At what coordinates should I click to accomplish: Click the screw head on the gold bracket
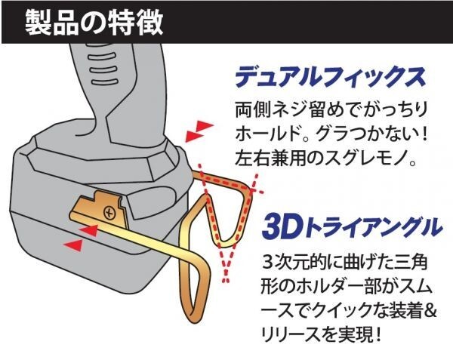109,211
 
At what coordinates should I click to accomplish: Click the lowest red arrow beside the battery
73,245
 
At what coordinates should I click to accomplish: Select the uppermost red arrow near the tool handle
199,124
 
